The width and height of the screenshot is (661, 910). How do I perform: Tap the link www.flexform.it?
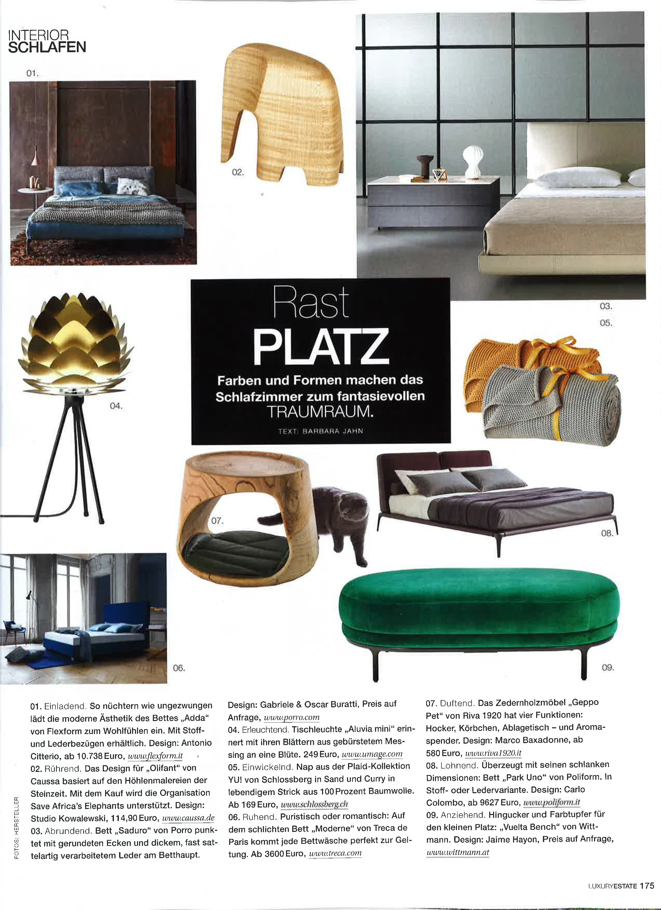click(x=155, y=756)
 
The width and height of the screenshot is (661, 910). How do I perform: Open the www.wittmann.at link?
click(x=458, y=852)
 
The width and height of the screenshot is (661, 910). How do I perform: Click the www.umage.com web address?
click(x=372, y=754)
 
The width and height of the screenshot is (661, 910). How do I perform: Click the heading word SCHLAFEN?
click(x=47, y=47)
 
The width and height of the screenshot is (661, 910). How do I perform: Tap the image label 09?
click(x=608, y=667)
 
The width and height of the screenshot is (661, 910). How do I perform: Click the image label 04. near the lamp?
click(x=116, y=406)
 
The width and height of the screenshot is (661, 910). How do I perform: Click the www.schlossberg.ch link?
click(x=314, y=804)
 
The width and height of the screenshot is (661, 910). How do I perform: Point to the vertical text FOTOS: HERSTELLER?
click(x=16, y=828)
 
